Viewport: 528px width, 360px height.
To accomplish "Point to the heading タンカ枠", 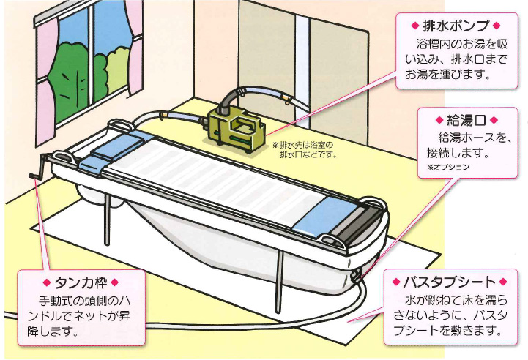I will coord(80,282).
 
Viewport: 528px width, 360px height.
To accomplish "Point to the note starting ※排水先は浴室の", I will coord(305,149).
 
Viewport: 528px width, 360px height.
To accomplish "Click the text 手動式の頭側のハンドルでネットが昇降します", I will coord(79,314).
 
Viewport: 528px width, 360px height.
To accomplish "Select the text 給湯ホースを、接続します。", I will coord(458,145).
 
